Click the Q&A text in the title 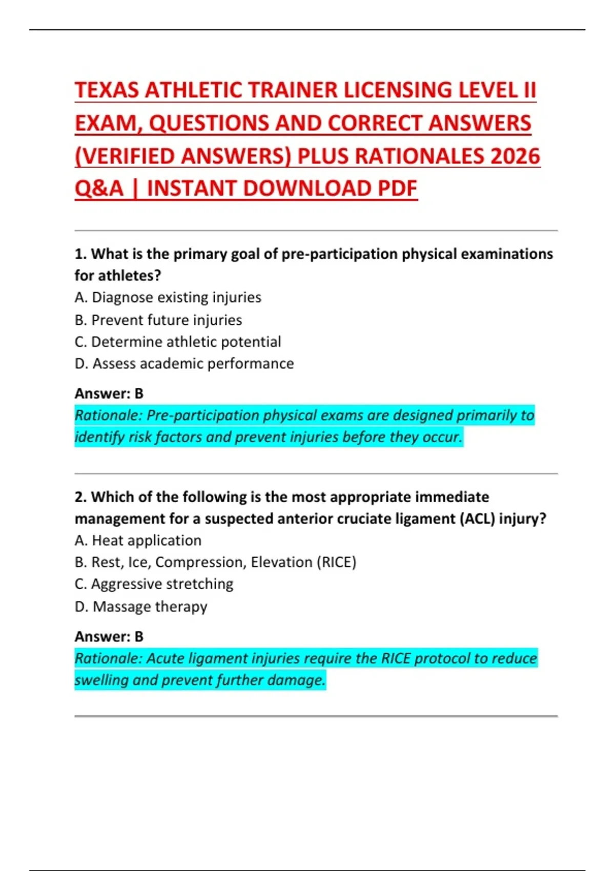[x=99, y=189]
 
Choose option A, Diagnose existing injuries [x=168, y=298]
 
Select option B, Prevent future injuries [x=158, y=320]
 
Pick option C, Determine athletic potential [x=178, y=342]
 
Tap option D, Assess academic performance [x=184, y=364]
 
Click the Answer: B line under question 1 [x=109, y=393]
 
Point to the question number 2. [x=80, y=497]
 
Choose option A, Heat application [x=138, y=541]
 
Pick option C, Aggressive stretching [x=154, y=584]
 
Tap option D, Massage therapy [x=141, y=607]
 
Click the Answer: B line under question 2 [x=109, y=636]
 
